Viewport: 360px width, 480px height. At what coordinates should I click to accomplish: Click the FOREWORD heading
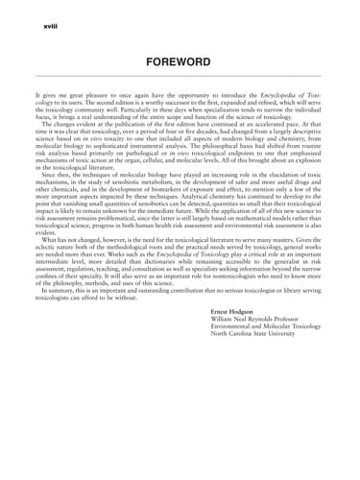(180, 61)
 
